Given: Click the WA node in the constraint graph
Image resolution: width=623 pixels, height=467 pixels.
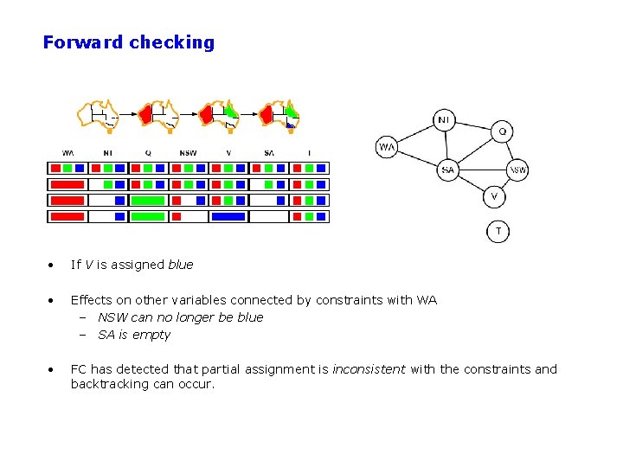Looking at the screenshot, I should [x=387, y=148].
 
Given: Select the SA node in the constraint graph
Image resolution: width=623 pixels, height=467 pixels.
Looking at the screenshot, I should [x=447, y=170].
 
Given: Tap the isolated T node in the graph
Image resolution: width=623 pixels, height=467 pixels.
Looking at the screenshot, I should [x=498, y=231].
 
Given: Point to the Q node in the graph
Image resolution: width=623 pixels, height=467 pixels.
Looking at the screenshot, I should [x=503, y=131].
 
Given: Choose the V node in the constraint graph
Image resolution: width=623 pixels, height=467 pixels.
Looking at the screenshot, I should [x=493, y=197].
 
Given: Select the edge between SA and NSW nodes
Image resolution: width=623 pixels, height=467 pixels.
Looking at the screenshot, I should [x=482, y=170].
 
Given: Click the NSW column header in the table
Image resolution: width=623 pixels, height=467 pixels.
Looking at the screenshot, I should [x=188, y=153].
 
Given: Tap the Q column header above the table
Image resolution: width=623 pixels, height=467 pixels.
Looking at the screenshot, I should [x=148, y=153].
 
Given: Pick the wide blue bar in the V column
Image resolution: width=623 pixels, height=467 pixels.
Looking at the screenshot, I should [x=228, y=216].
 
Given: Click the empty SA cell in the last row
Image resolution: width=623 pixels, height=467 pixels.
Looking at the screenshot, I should [x=268, y=216].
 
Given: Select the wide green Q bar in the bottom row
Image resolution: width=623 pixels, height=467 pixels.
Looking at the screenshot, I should [x=147, y=216].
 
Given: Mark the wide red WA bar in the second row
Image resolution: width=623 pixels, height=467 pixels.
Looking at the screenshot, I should [x=67, y=184].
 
